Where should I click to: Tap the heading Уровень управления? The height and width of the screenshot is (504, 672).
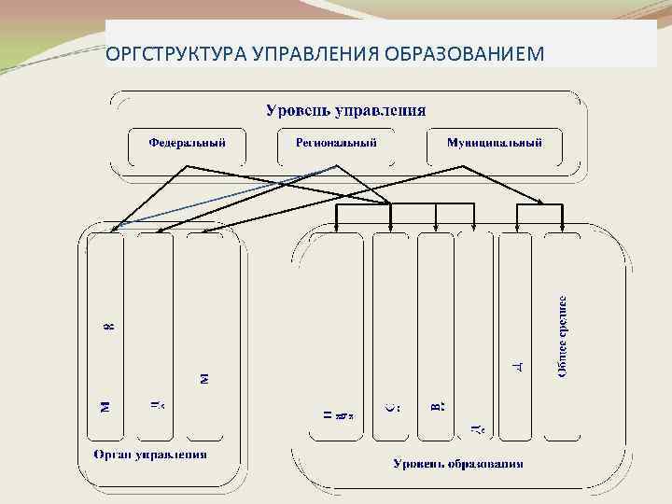pyautogui.click(x=346, y=110)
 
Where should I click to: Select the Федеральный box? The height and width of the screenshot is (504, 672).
pyautogui.click(x=187, y=144)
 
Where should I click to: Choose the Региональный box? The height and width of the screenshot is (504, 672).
pyautogui.click(x=336, y=144)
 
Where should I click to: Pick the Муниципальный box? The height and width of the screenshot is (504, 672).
pyautogui.click(x=495, y=144)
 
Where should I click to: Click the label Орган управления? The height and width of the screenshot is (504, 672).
pyautogui.click(x=150, y=455)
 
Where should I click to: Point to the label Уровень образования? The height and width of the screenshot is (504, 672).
pyautogui.click(x=458, y=463)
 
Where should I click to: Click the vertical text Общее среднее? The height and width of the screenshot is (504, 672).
pyautogui.click(x=565, y=336)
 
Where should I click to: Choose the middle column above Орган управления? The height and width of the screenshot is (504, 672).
pyautogui.click(x=156, y=336)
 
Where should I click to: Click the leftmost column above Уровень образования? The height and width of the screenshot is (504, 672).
pyautogui.click(x=337, y=336)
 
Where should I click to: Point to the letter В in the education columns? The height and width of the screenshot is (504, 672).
pyautogui.click(x=437, y=406)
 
